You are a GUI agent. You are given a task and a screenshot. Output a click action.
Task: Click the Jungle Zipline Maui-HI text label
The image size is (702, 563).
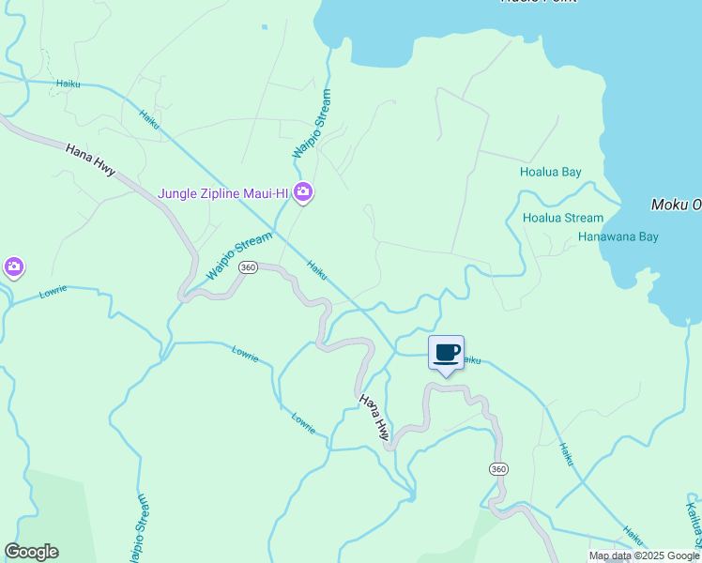point(222,193)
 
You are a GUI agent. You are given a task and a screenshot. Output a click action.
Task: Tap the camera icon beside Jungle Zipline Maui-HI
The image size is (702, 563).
point(302,193)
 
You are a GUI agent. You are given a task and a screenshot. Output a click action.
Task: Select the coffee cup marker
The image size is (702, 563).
point(446,354)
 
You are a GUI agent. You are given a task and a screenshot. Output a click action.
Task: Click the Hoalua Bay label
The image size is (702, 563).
point(551,172)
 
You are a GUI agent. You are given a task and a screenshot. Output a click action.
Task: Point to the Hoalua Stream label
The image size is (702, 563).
point(563,218)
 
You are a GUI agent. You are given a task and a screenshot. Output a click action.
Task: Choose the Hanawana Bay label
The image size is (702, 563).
point(618,237)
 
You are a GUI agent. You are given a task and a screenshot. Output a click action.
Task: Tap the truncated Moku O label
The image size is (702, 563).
point(676,205)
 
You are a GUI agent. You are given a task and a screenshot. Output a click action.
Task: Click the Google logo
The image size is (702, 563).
point(31,552)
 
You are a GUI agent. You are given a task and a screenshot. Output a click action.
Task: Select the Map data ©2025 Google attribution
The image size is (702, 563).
point(644,555)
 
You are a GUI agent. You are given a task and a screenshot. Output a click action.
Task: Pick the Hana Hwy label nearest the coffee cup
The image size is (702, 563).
point(374,417)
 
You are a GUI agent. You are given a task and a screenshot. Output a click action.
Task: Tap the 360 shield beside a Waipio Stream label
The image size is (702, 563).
point(248,267)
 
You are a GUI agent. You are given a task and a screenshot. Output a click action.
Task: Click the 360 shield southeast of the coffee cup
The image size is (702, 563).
point(498,468)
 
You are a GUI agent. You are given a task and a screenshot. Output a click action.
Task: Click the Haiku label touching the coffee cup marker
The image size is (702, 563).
point(472,359)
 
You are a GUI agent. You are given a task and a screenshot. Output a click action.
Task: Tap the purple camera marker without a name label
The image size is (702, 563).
point(13,267)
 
